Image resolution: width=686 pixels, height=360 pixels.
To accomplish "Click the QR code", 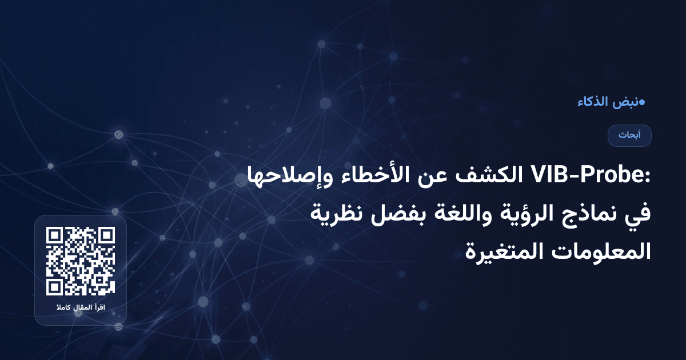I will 81,261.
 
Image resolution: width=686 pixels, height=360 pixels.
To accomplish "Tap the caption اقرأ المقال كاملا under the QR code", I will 81,309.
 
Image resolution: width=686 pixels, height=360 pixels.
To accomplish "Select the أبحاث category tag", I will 629,135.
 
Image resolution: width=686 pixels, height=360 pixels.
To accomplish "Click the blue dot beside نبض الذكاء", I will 641,103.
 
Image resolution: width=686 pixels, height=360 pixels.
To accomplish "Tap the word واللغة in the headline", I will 437,214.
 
